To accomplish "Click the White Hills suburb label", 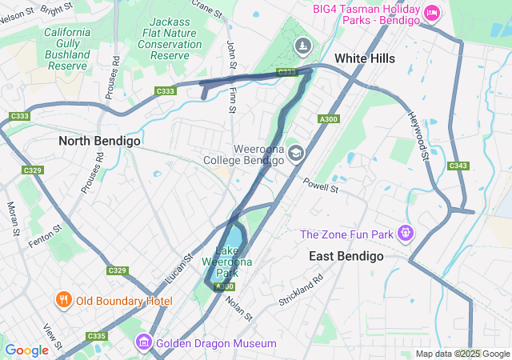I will pyautogui.click(x=365, y=58).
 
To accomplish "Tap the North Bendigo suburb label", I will pyautogui.click(x=100, y=141).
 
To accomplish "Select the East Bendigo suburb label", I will pyautogui.click(x=346, y=256).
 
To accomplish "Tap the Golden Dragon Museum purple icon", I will pyautogui.click(x=144, y=343).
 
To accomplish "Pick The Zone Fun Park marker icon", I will pyautogui.click(x=406, y=234).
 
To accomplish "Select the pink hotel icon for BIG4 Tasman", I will pyautogui.click(x=432, y=12).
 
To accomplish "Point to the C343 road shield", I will pyautogui.click(x=458, y=166).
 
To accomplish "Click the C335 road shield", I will pyautogui.click(x=97, y=336).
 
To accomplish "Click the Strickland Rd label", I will pyautogui.click(x=301, y=290).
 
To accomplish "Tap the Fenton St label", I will pyautogui.click(x=45, y=234).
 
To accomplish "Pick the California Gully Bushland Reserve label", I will pyautogui.click(x=66, y=48).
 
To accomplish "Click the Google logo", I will pyautogui.click(x=26, y=350).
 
